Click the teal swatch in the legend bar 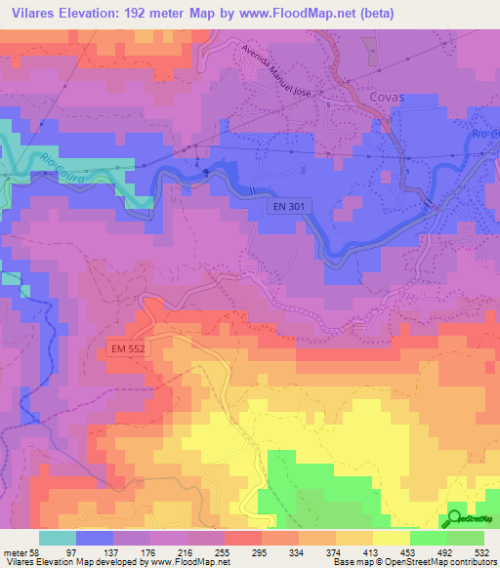click(x=58, y=538)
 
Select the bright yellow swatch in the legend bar click(x=391, y=538)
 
